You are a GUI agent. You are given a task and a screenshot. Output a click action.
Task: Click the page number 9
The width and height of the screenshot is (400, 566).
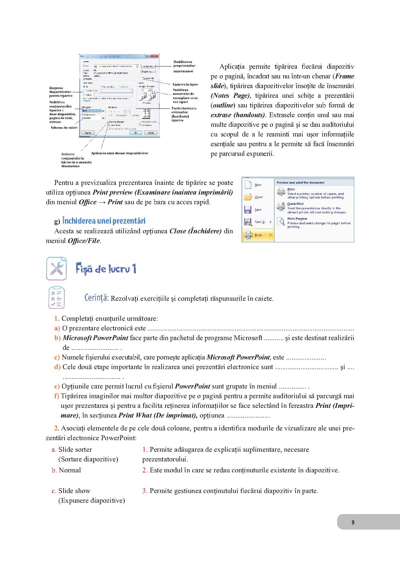click(x=353, y=522)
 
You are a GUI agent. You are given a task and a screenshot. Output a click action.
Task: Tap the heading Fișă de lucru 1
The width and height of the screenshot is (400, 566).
click(x=106, y=268)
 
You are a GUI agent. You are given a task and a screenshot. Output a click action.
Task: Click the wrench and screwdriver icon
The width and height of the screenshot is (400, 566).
click(x=56, y=268)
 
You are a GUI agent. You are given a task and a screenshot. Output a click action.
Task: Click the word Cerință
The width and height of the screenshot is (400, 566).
click(x=96, y=298)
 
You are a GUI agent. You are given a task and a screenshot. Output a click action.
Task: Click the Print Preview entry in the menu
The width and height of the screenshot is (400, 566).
click(x=297, y=219)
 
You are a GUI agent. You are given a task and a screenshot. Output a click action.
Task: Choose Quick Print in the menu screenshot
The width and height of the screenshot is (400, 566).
click(x=295, y=204)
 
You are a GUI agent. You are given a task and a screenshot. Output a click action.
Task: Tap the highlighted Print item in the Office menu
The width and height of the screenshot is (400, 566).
click(x=258, y=235)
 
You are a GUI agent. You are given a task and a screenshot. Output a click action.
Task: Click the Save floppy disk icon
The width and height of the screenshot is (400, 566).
click(x=248, y=210)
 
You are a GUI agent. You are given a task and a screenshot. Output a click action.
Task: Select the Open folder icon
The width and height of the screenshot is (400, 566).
click(x=248, y=197)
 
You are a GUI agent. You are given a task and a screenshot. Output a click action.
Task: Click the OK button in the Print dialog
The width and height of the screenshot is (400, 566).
click(x=136, y=133)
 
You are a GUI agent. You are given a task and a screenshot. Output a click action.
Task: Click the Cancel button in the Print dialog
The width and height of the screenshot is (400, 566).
click(x=150, y=133)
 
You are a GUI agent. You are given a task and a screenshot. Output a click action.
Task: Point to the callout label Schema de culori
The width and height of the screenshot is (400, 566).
click(x=64, y=128)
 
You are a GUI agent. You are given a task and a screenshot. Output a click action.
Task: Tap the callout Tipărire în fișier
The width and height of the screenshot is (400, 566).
click(x=185, y=84)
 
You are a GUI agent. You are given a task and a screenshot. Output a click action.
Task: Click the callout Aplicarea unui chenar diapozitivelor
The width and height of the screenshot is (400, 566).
click(x=119, y=153)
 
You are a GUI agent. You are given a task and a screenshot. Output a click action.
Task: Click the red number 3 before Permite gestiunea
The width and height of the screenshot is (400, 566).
click(x=144, y=491)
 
